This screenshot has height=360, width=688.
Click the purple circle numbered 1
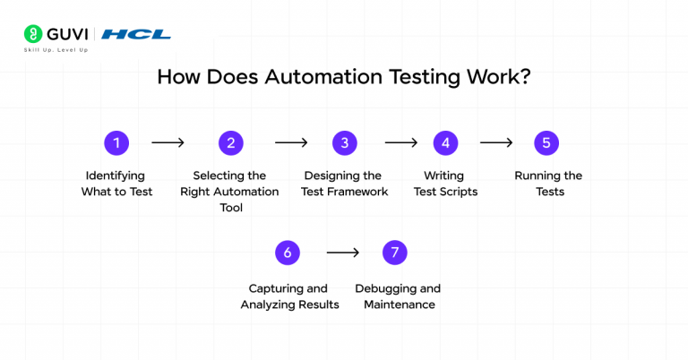(x=116, y=142)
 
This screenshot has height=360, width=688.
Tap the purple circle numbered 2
(x=230, y=142)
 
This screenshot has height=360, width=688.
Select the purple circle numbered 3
(x=344, y=142)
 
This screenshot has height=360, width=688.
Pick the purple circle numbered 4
(x=445, y=142)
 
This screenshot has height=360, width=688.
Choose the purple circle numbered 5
(x=546, y=142)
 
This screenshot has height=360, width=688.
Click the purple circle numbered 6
(x=288, y=253)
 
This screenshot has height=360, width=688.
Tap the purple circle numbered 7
(x=395, y=253)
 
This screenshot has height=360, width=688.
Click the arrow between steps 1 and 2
(x=168, y=142)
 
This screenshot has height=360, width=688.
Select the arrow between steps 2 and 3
(x=291, y=142)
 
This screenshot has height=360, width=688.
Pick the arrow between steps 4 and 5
(x=496, y=142)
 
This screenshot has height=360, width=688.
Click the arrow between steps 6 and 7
(x=342, y=253)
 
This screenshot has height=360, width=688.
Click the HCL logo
(x=136, y=34)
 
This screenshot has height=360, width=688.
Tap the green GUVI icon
(x=32, y=34)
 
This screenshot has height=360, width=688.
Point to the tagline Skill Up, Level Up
(x=56, y=50)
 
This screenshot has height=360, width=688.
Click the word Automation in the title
(x=315, y=76)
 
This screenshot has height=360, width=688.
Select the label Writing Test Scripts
(x=445, y=184)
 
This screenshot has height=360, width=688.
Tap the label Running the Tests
(x=547, y=184)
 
